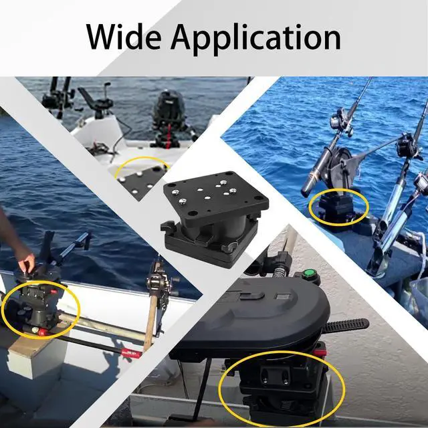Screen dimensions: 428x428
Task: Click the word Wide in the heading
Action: [x=123, y=37]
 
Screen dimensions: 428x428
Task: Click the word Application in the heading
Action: [x=255, y=39]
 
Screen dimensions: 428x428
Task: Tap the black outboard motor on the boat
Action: [x=168, y=118]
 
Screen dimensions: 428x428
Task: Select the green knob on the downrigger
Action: [x=309, y=273]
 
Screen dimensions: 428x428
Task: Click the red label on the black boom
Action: [x=132, y=353]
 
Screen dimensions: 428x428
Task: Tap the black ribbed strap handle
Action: [x=345, y=325]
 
